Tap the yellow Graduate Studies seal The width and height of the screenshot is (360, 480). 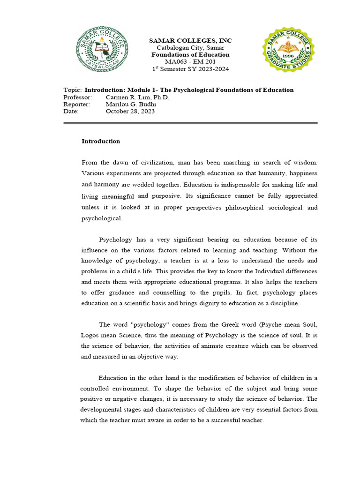click(288, 49)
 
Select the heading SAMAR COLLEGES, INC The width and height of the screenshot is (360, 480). click(190, 41)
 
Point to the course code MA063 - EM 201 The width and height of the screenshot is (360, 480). click(190, 62)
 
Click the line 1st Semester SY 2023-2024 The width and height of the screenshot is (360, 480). click(190, 69)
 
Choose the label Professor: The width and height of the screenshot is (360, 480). click(78, 97)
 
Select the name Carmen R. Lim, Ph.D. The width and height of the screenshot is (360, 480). click(137, 97)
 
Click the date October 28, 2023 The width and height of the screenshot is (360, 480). click(130, 111)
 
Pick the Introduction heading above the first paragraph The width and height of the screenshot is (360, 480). click(101, 141)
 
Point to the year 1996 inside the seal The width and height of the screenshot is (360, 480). click(288, 54)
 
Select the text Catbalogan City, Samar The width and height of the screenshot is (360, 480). click(190, 48)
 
